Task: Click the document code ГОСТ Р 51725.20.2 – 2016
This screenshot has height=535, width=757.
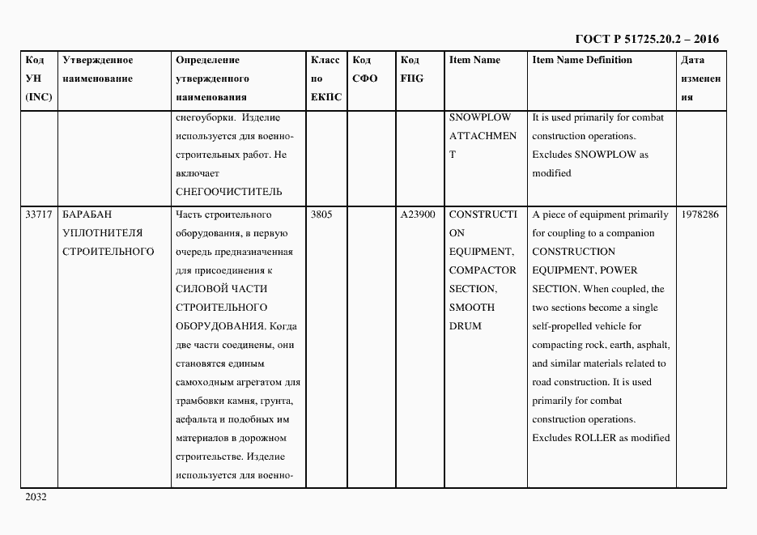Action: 646,39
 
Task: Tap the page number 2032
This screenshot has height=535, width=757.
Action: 36,497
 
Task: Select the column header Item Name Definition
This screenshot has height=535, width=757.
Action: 582,60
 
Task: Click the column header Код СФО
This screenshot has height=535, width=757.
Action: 365,70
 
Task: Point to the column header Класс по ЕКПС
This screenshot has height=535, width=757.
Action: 326,79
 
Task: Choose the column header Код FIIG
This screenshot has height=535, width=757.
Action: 411,70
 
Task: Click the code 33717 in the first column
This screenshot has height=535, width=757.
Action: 39,214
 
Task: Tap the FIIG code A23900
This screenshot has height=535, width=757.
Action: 418,214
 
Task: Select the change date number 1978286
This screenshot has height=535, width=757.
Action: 700,214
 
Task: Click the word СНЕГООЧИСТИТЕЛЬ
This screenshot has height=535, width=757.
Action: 228,192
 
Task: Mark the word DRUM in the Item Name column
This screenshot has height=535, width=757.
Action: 465,326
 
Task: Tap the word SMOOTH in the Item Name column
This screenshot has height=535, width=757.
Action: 472,308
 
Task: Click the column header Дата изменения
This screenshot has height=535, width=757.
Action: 700,79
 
